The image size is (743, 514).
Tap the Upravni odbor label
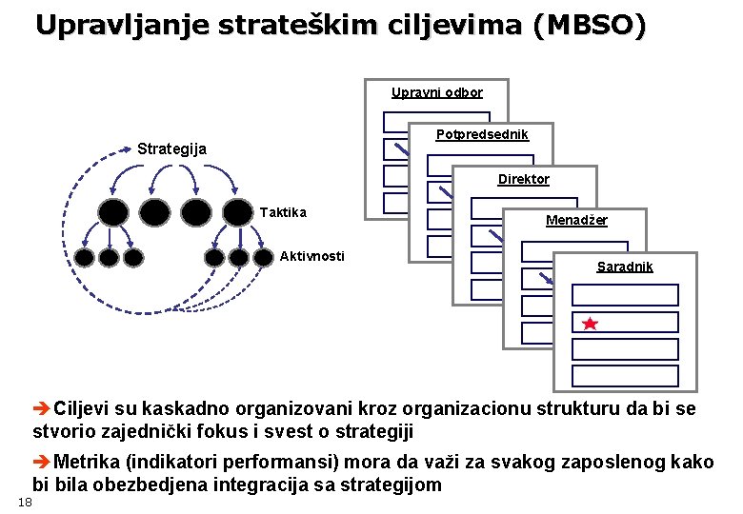pyautogui.click(x=437, y=92)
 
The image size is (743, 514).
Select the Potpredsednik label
pyautogui.click(x=482, y=135)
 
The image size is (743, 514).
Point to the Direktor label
pyautogui.click(x=524, y=179)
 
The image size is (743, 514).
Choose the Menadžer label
pyautogui.click(x=576, y=221)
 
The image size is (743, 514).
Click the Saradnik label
pyautogui.click(x=625, y=267)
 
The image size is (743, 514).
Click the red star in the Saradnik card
pyautogui.click(x=590, y=324)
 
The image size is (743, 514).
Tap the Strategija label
pyautogui.click(x=171, y=148)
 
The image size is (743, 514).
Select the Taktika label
pyautogui.click(x=283, y=211)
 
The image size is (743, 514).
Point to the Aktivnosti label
pyautogui.click(x=312, y=255)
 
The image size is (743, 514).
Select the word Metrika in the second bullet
pyautogui.click(x=87, y=462)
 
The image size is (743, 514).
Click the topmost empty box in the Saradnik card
pyautogui.click(x=625, y=295)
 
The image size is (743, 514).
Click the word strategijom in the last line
pyautogui.click(x=394, y=484)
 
